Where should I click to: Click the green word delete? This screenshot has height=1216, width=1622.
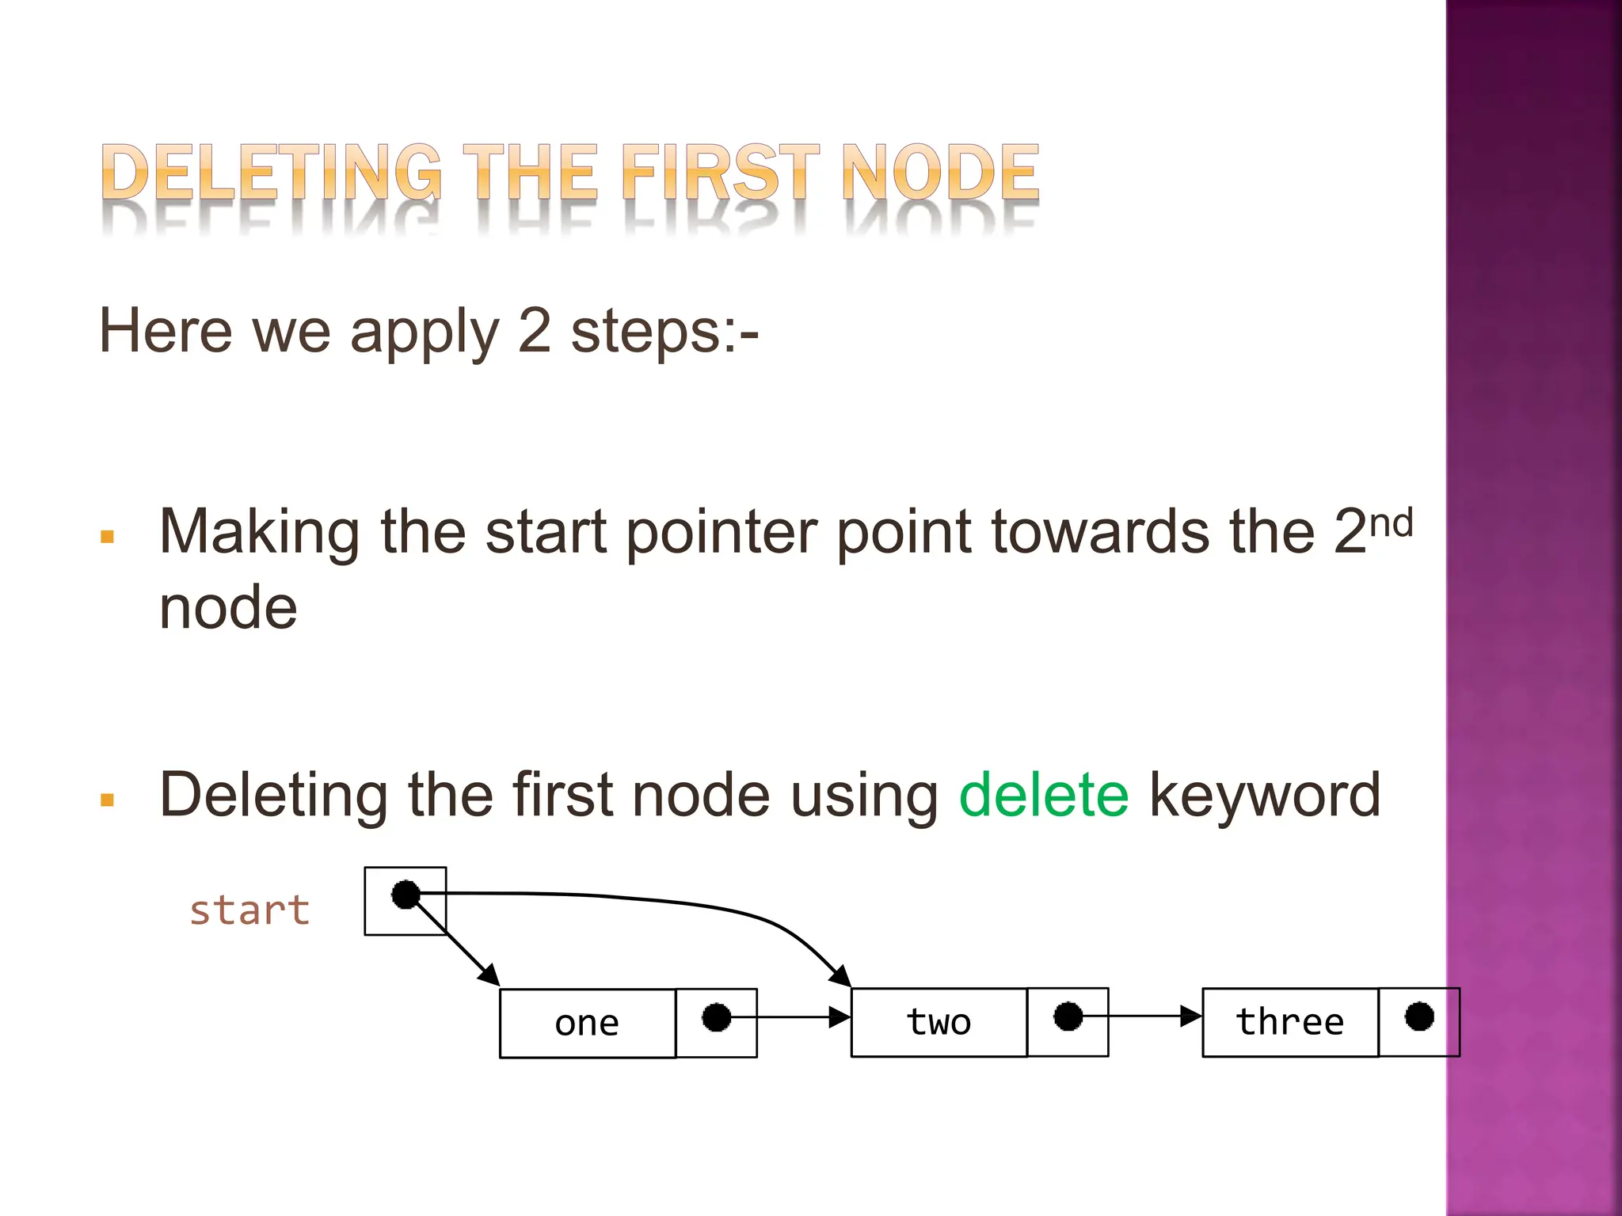click(x=1043, y=795)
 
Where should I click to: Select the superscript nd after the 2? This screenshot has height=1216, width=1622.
click(x=1392, y=524)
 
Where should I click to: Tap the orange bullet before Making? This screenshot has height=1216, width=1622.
click(x=108, y=538)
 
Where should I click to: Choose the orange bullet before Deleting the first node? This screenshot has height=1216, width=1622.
click(x=108, y=800)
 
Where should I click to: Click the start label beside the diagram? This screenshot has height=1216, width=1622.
click(x=249, y=910)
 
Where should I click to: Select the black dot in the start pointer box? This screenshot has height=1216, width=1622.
click(x=405, y=895)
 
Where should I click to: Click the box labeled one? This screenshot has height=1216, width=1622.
click(x=588, y=1023)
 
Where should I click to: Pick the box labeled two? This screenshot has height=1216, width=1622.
click(x=939, y=1022)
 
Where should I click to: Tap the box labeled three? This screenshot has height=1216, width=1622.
click(x=1290, y=1022)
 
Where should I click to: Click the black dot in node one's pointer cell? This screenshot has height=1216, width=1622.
click(x=717, y=1017)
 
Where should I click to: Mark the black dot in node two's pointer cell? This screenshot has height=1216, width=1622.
click(x=1068, y=1016)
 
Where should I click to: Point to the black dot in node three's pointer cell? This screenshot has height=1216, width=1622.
click(x=1419, y=1016)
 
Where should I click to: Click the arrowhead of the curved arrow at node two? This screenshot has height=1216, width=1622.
click(x=842, y=977)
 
